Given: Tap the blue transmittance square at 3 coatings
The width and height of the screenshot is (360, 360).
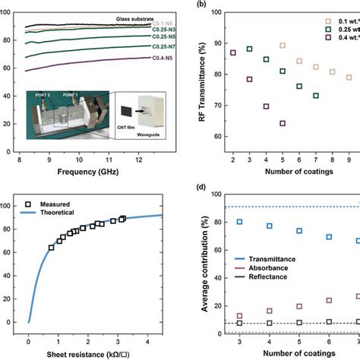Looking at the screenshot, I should (240, 222).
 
